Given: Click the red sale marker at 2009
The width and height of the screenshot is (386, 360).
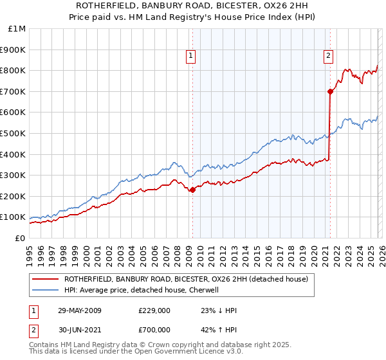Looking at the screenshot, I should (x=192, y=190).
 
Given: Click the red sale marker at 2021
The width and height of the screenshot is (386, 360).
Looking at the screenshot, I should (x=330, y=91).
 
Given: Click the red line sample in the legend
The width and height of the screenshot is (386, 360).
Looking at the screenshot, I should (x=45, y=280).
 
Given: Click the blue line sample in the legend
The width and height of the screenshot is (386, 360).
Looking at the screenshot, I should (x=45, y=290).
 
